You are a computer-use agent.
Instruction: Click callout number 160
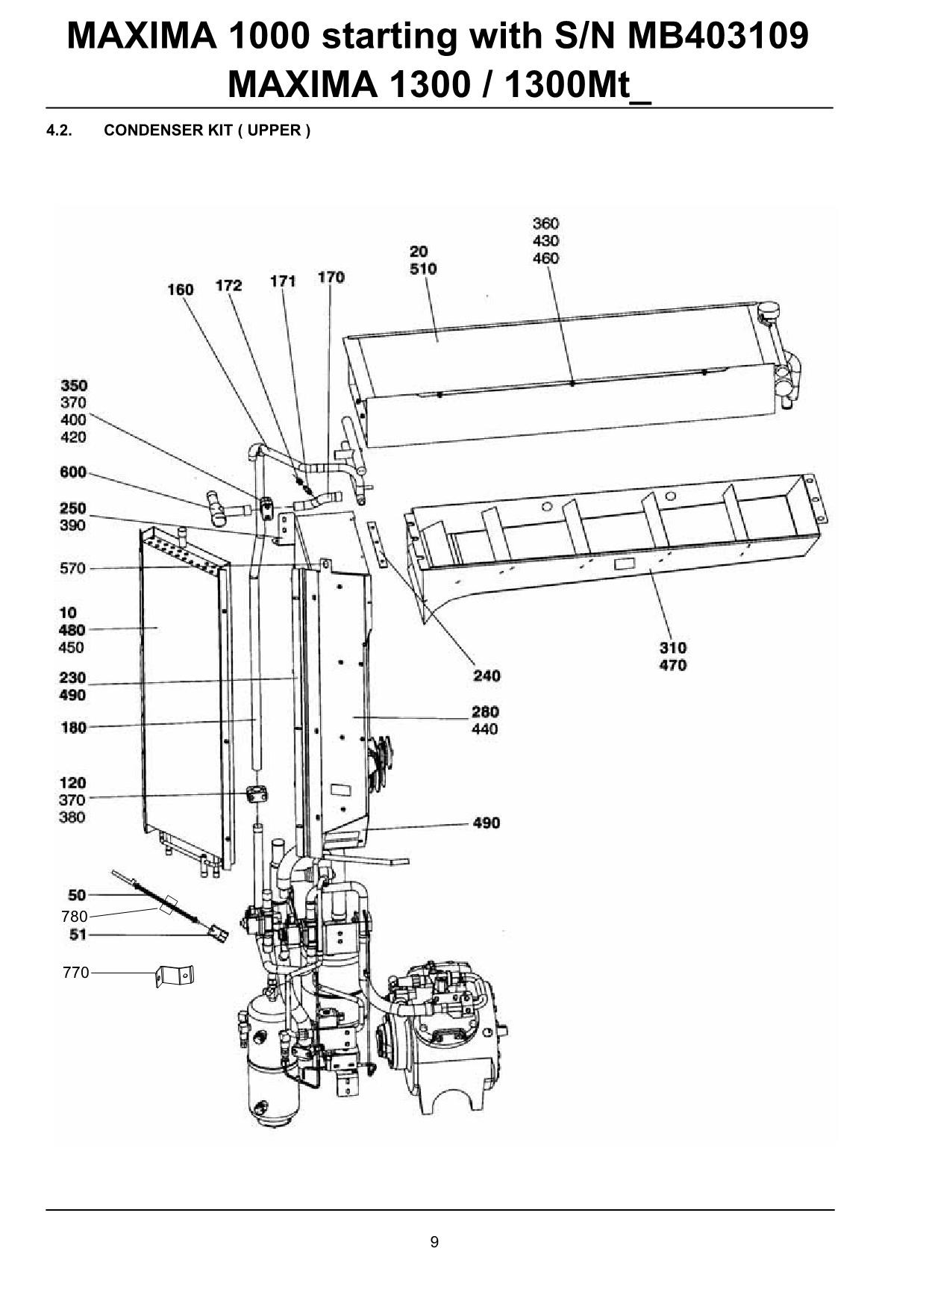click(181, 290)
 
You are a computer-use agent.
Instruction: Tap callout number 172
click(229, 286)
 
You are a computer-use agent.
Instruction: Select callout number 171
click(283, 281)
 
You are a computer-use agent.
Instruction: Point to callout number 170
click(331, 278)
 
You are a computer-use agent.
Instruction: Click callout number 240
click(487, 676)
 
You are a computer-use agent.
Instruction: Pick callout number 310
click(673, 648)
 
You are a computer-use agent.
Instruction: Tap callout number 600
click(73, 472)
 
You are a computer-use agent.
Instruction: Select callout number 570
click(73, 569)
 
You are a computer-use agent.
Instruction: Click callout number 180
click(74, 728)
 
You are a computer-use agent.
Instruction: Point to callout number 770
click(76, 973)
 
